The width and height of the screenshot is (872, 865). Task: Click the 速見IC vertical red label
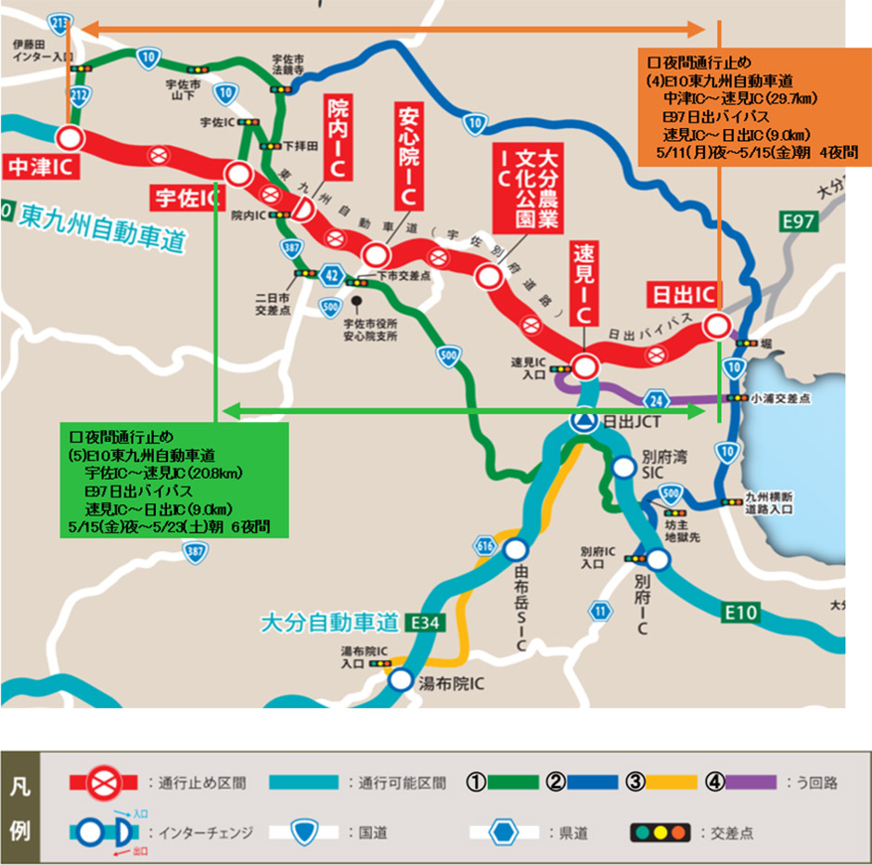[x=583, y=284]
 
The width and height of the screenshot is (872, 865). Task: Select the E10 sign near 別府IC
[x=741, y=612]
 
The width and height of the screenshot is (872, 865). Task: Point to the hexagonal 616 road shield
[x=485, y=546]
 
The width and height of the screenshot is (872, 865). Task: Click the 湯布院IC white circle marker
[x=400, y=680]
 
